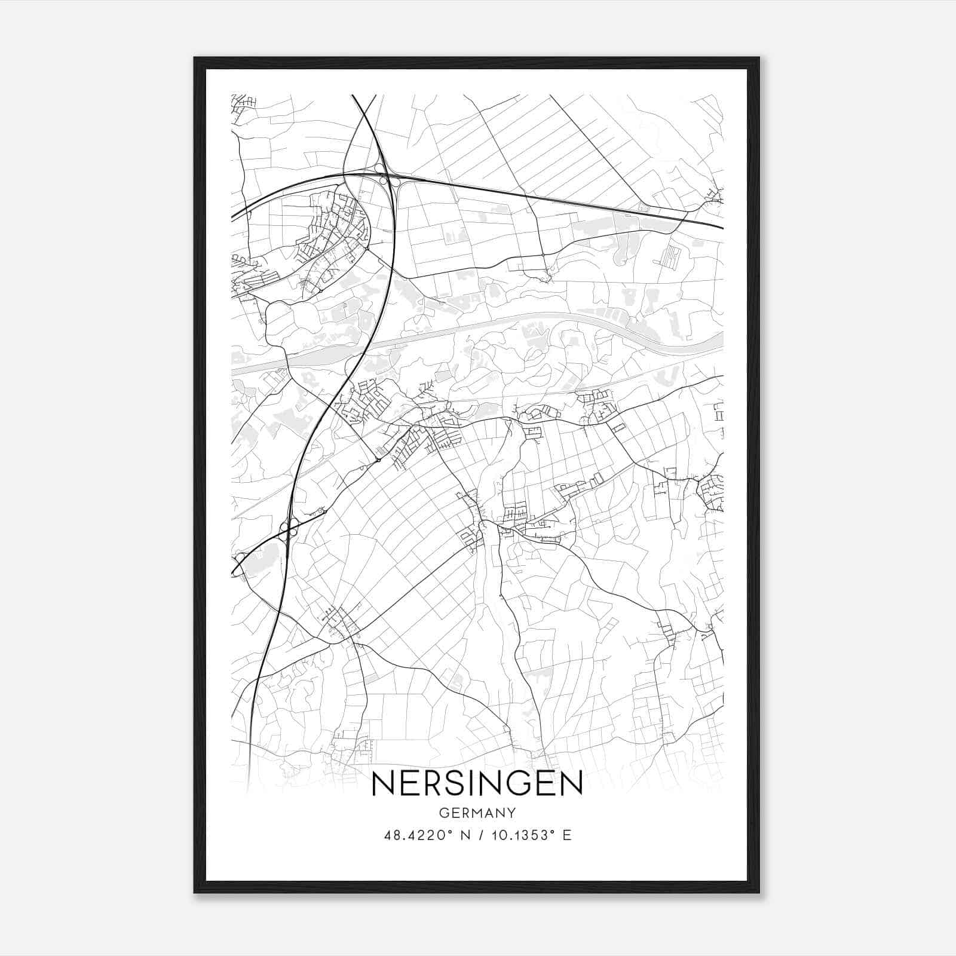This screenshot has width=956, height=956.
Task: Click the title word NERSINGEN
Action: coord(477,783)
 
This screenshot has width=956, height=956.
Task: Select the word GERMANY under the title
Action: coord(477,813)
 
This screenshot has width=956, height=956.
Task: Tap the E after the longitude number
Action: coord(566,835)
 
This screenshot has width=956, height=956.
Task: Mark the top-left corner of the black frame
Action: coord(194,58)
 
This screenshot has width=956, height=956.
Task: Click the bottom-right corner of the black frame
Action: coord(759,893)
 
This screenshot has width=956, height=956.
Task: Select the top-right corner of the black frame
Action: coord(759,58)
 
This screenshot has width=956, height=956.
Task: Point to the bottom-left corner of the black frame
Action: coord(194,893)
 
